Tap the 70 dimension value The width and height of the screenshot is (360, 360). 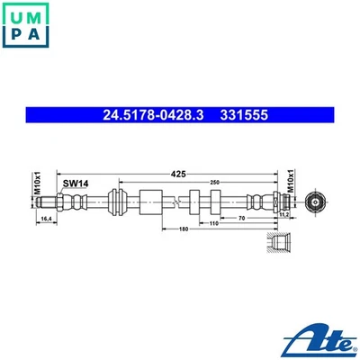pos(244,217)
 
